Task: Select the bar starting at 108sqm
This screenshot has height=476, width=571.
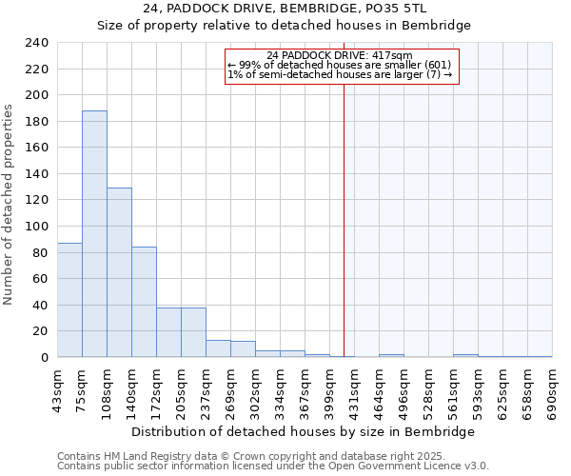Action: tap(119, 272)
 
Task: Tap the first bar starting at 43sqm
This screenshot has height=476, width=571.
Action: tap(69, 300)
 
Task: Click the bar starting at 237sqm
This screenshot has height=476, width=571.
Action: tap(218, 348)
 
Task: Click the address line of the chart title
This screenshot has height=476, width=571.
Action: tap(285, 9)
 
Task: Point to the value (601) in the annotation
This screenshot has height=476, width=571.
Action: tap(444, 65)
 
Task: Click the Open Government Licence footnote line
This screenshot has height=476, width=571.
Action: tap(273, 466)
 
